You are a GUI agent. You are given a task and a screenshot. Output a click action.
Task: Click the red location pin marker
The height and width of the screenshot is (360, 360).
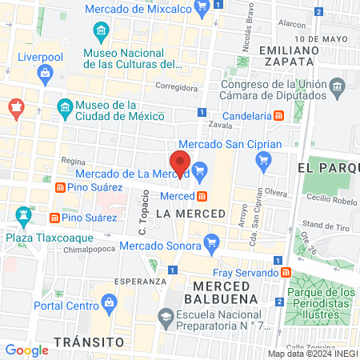[180, 163]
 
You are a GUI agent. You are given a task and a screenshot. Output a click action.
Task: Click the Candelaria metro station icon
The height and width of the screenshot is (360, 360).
[278, 115]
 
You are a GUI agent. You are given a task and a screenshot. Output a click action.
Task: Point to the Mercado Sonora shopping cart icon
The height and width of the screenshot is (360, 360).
[211, 241]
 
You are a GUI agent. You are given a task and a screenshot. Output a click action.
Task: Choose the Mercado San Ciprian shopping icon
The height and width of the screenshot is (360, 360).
[263, 161]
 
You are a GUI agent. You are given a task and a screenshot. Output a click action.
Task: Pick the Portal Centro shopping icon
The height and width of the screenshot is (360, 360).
[107, 303]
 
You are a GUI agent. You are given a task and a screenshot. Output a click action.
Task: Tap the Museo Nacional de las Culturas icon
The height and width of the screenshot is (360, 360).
[101, 33]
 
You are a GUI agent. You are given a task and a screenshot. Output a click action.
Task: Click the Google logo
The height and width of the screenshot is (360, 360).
[26, 350]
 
